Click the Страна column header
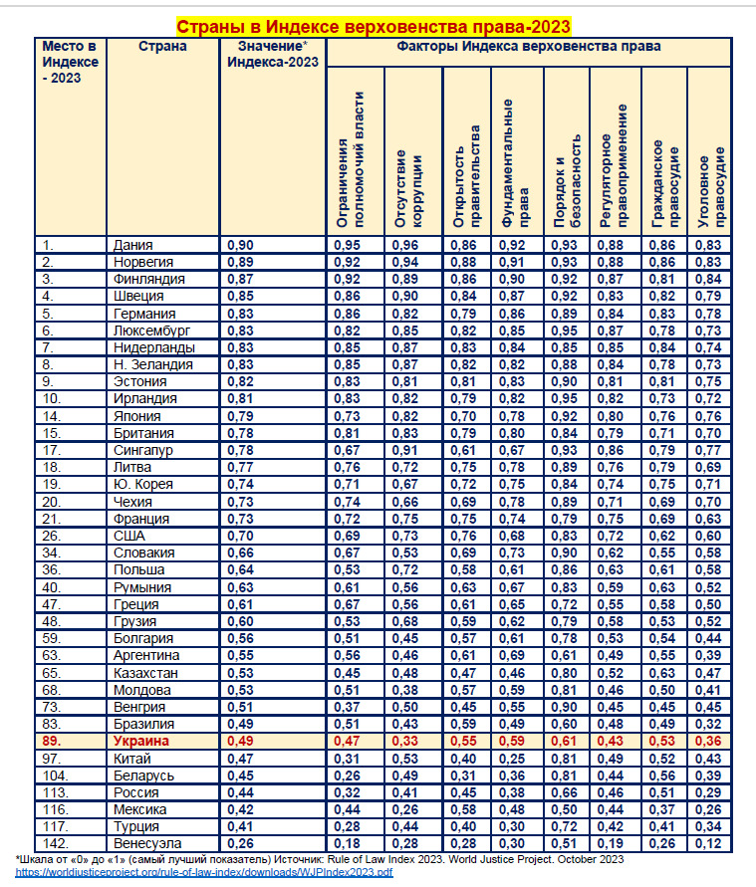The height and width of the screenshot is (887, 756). tap(162, 46)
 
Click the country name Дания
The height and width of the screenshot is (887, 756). tap(133, 244)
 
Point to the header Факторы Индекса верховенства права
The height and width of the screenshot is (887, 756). tap(528, 46)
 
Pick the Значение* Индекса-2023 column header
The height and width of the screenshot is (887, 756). tap(272, 54)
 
